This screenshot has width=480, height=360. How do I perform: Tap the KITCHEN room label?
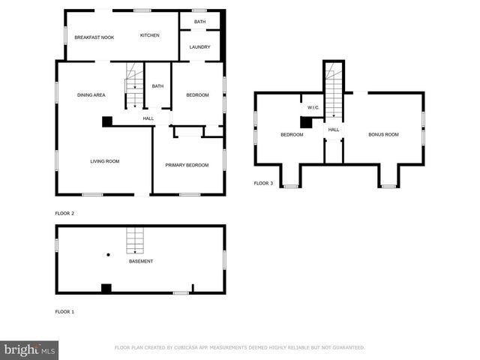[x=150, y=35]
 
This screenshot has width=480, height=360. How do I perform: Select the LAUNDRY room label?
[x=199, y=47]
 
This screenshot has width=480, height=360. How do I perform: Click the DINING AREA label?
[x=91, y=95]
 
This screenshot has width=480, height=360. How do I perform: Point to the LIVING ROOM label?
[x=105, y=161]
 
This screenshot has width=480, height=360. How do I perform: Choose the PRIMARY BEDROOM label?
[x=187, y=165]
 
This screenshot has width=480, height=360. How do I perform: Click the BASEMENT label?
[x=141, y=261]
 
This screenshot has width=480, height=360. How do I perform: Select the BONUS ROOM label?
[x=383, y=134]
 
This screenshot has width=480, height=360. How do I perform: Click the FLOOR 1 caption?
[x=64, y=311]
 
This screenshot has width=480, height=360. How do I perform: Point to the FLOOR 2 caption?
[x=64, y=213]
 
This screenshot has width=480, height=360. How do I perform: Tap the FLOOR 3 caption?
[x=263, y=183]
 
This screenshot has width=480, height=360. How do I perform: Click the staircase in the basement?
[x=134, y=240]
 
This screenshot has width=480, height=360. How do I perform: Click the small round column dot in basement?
[x=108, y=255]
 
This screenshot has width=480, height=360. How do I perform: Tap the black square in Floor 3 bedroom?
[x=306, y=123]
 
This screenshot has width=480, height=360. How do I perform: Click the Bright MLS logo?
[x=28, y=349]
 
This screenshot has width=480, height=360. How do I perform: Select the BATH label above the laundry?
[x=199, y=22]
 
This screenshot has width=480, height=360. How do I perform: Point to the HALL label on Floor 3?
[x=334, y=130]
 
